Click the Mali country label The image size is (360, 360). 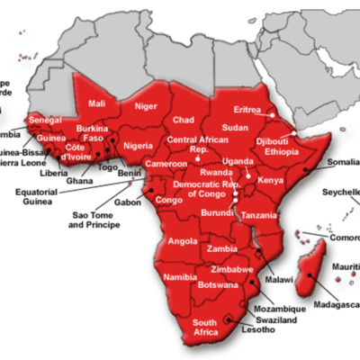96,103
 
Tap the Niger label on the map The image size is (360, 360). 146,104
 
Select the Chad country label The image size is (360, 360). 184,120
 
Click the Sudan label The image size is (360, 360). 236,128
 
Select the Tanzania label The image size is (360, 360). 259,216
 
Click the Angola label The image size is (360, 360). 183,241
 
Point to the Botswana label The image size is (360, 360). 217,283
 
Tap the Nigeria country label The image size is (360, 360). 139,145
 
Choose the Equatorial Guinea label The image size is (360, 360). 40,196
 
